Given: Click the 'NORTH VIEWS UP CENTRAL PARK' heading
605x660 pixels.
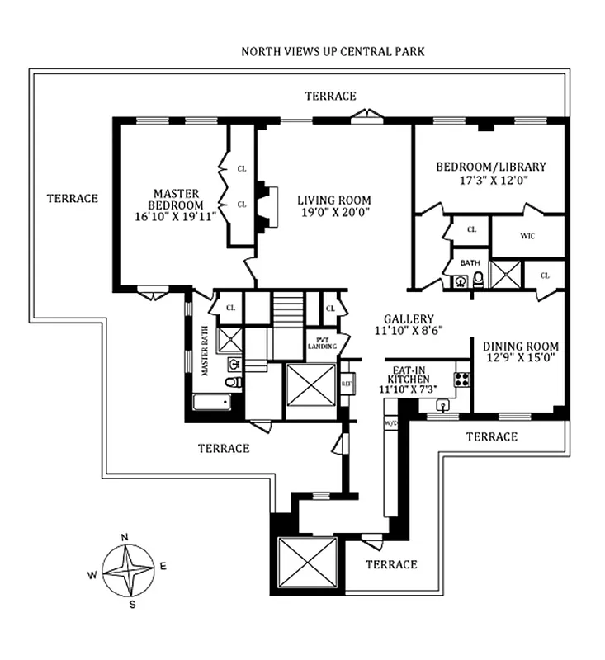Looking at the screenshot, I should [333, 51].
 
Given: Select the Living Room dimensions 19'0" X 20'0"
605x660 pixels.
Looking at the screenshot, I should [333, 212].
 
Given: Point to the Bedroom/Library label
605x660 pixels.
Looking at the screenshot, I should [490, 167].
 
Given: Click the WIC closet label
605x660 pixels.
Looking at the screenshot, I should [528, 236].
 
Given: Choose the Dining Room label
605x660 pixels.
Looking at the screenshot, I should [521, 346].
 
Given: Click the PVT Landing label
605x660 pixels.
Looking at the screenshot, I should [322, 342].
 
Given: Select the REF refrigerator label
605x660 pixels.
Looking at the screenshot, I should [347, 383].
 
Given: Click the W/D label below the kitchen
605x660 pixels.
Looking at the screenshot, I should [390, 423].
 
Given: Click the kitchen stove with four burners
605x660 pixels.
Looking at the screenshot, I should [461, 380].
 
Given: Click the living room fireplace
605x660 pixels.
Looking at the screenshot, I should [262, 206].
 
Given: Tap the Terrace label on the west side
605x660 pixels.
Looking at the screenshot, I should [73, 198].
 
